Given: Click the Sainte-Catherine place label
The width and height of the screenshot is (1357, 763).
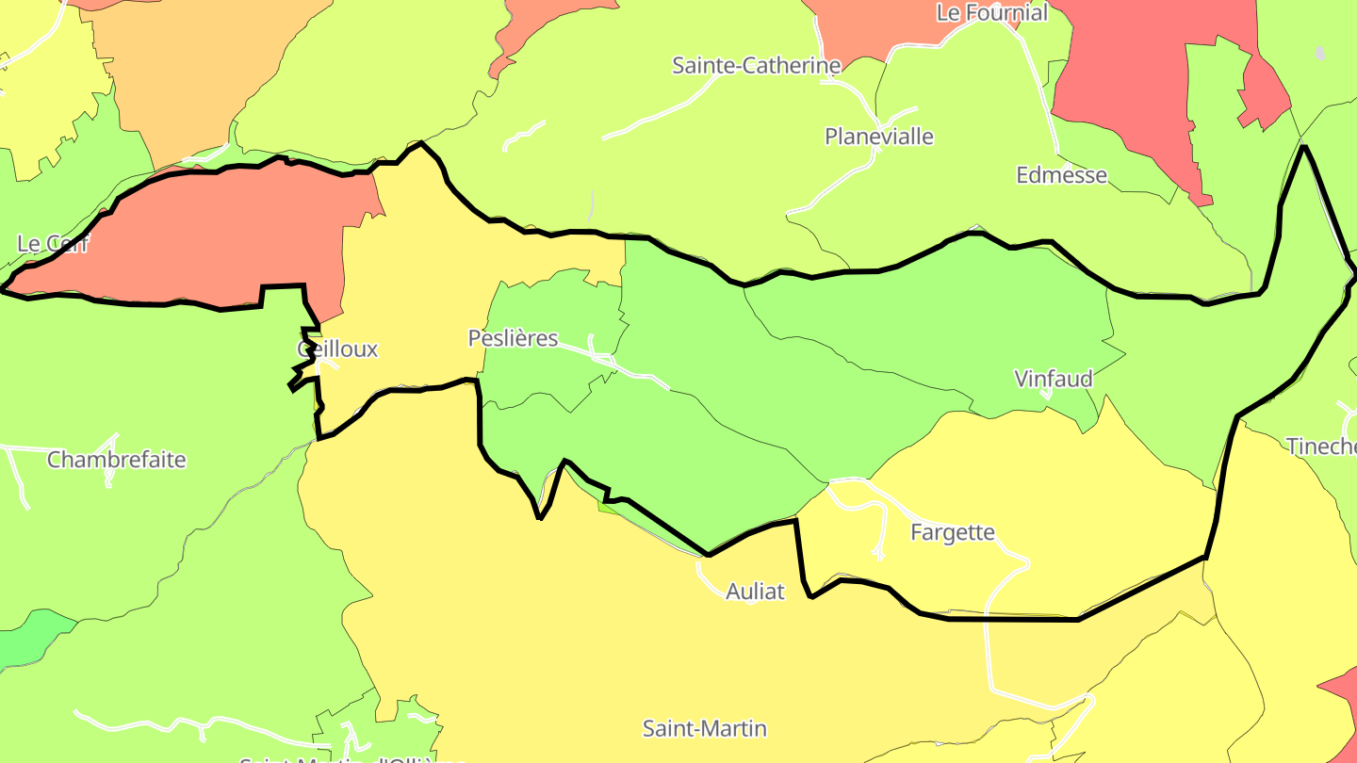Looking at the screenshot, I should click(756, 66).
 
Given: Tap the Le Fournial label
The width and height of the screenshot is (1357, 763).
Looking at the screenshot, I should click(991, 13).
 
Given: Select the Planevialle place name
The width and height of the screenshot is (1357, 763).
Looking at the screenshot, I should click(879, 138).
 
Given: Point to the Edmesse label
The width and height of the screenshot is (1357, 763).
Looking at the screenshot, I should click(1061, 176).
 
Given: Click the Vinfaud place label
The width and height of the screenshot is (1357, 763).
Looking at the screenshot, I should click(1054, 380).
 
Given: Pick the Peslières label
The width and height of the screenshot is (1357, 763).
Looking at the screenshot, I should click(514, 339).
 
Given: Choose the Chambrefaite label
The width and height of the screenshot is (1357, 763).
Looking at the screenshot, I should click(117, 461).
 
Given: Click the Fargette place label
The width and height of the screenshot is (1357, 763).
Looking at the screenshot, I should click(953, 533).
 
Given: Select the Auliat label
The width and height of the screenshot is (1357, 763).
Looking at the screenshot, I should click(756, 593).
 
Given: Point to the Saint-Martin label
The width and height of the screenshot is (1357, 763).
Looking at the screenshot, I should click(705, 729).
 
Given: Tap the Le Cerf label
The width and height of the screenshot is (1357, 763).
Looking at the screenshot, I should click(53, 244).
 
